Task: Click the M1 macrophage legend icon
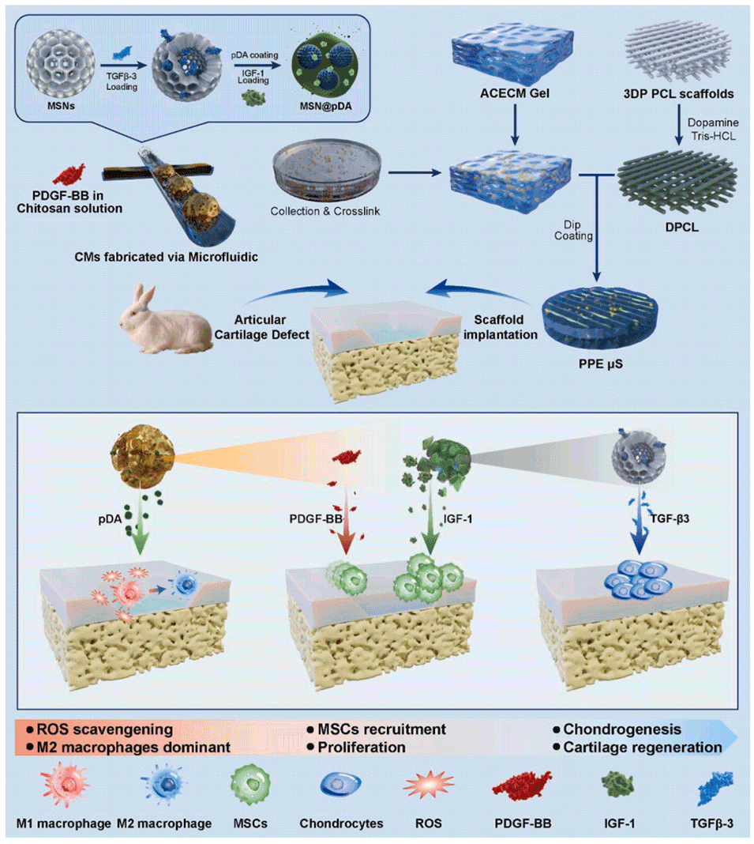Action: pyautogui.click(x=63, y=791)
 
